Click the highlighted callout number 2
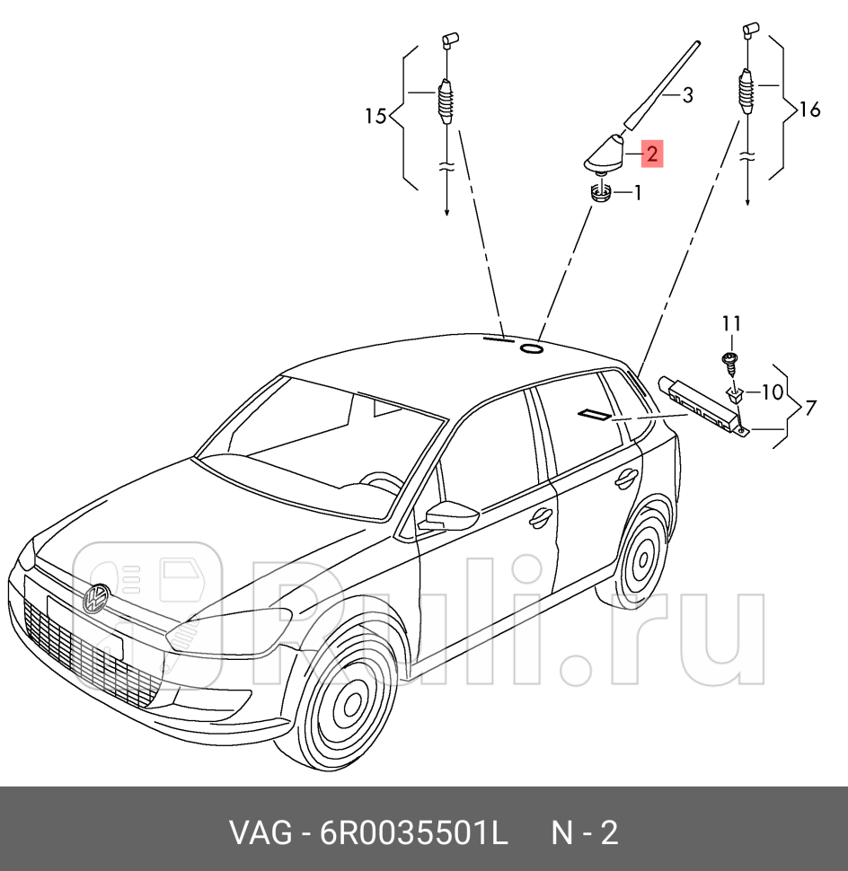click(x=651, y=154)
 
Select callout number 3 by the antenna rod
click(x=687, y=95)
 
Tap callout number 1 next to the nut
click(x=638, y=192)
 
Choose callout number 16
click(x=809, y=110)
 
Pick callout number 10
click(x=772, y=392)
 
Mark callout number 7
click(x=810, y=409)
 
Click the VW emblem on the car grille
click(x=95, y=599)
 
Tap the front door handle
click(x=541, y=517)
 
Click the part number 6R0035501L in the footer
click(x=414, y=833)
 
